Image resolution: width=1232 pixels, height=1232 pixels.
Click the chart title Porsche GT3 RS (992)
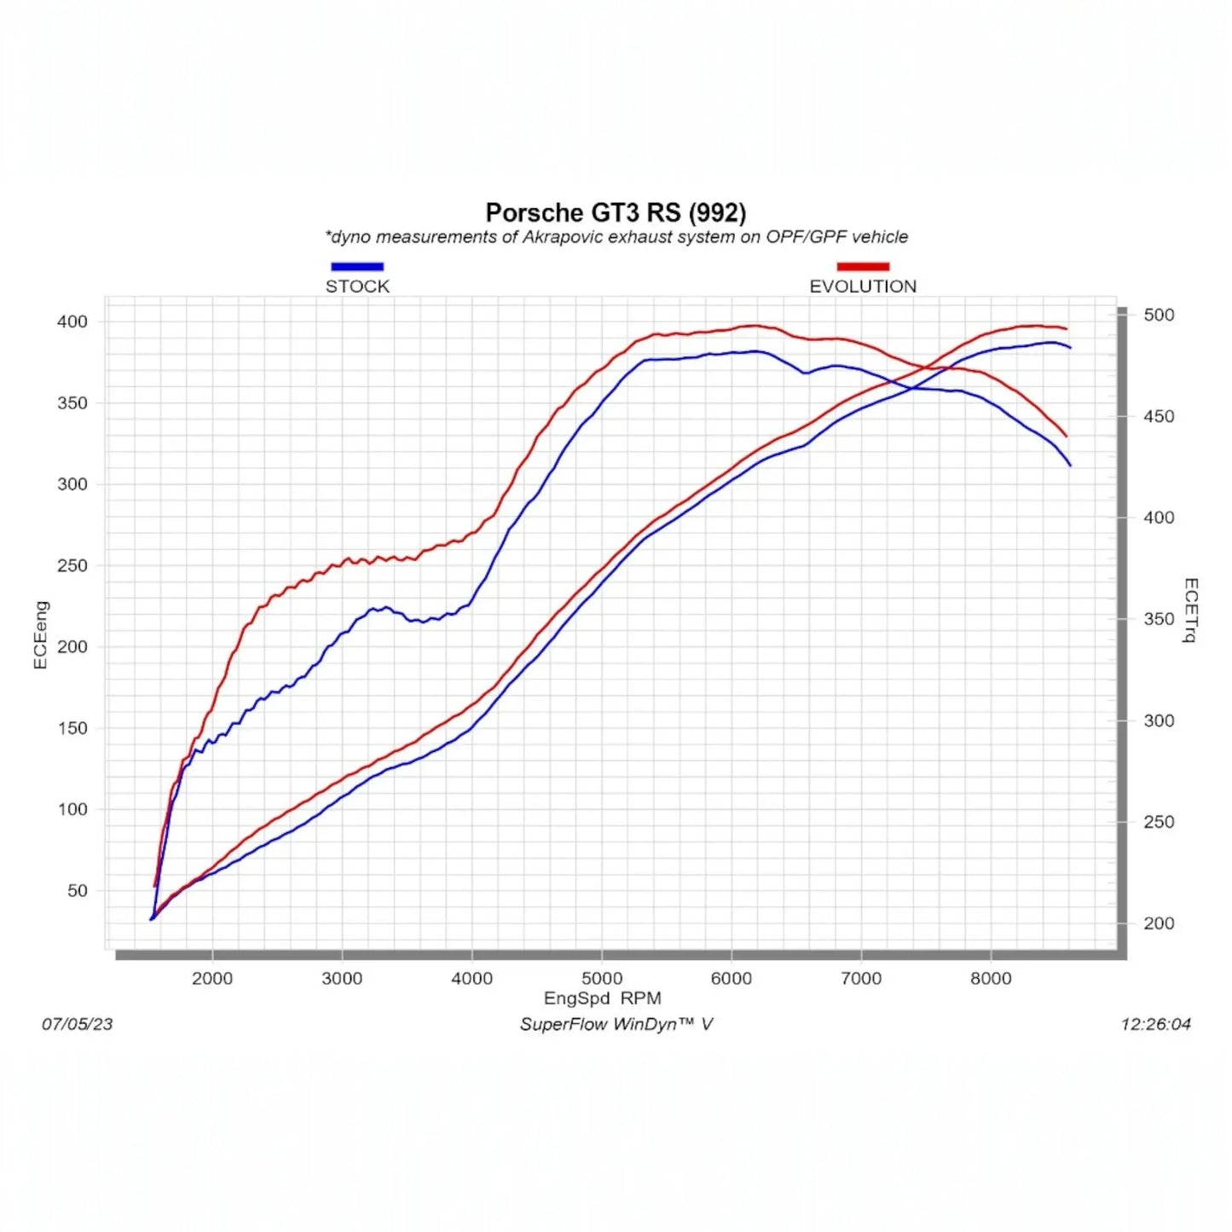coord(616,212)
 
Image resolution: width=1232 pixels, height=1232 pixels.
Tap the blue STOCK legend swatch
coord(357,266)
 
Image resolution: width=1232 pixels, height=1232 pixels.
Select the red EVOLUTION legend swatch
coord(863,266)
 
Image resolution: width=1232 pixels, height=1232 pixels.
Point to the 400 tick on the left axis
coord(72,321)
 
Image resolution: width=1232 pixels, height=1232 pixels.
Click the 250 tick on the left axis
coord(72,565)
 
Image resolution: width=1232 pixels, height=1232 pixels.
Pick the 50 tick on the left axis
coord(78,890)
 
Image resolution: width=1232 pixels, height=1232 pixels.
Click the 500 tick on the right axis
coord(1159,315)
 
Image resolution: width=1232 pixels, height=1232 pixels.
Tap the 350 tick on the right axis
coord(1159,619)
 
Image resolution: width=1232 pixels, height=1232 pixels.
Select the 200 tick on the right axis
coord(1159,923)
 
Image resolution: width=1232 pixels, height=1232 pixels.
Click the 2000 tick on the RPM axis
coord(212,978)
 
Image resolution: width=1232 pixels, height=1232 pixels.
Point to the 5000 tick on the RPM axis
coord(602,978)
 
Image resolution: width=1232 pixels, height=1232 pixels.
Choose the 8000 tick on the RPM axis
coord(991,978)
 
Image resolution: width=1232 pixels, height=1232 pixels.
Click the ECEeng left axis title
coord(40,635)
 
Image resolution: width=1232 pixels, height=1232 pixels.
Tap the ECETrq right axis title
coord(1191,610)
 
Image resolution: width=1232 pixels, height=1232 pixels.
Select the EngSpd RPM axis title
coord(603,998)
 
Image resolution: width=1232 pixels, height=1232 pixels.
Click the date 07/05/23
coord(78,1024)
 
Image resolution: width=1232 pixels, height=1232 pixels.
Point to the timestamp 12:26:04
coord(1155,1024)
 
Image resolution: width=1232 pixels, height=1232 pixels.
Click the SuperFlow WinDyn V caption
coord(616,1024)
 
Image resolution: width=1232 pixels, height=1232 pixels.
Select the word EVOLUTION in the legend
coord(863,286)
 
